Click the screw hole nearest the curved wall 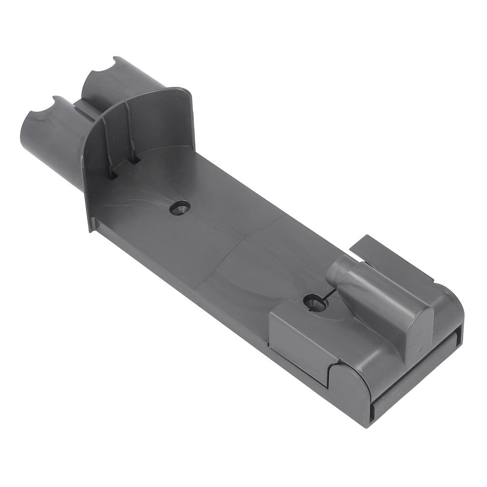[180, 208]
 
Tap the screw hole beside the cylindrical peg [314, 302]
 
